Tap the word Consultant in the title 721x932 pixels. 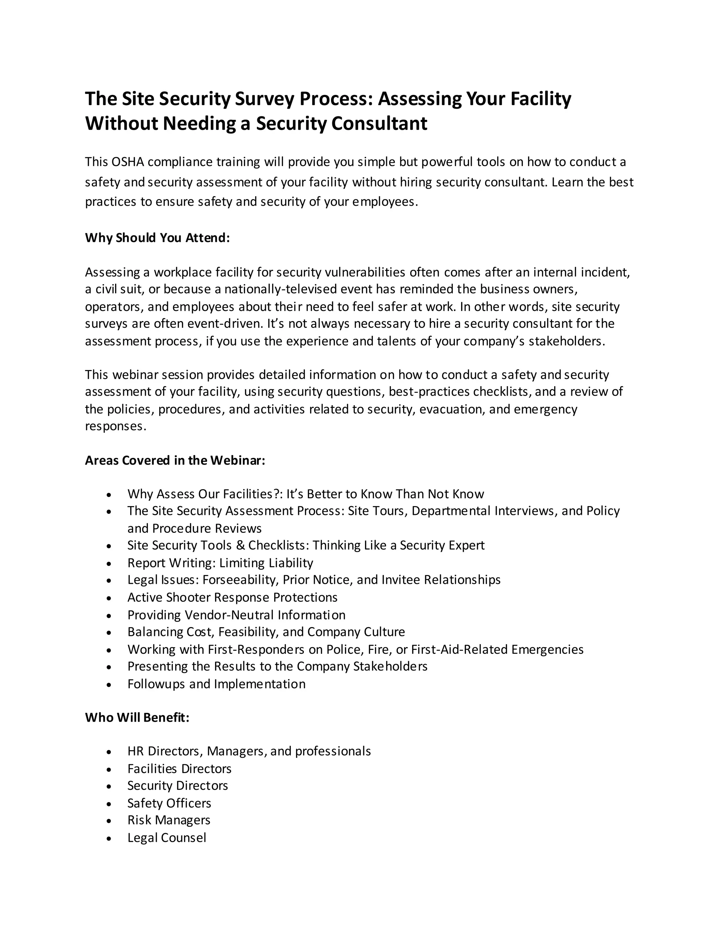pos(379,124)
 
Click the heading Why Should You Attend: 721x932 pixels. pos(157,238)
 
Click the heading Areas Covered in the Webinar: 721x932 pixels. pos(175,460)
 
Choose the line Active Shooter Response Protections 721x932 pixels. pos(232,598)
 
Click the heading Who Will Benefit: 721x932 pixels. pos(137,718)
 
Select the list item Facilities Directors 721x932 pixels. pos(180,769)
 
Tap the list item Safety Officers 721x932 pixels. pos(169,804)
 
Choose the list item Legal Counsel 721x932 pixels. pos(167,838)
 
